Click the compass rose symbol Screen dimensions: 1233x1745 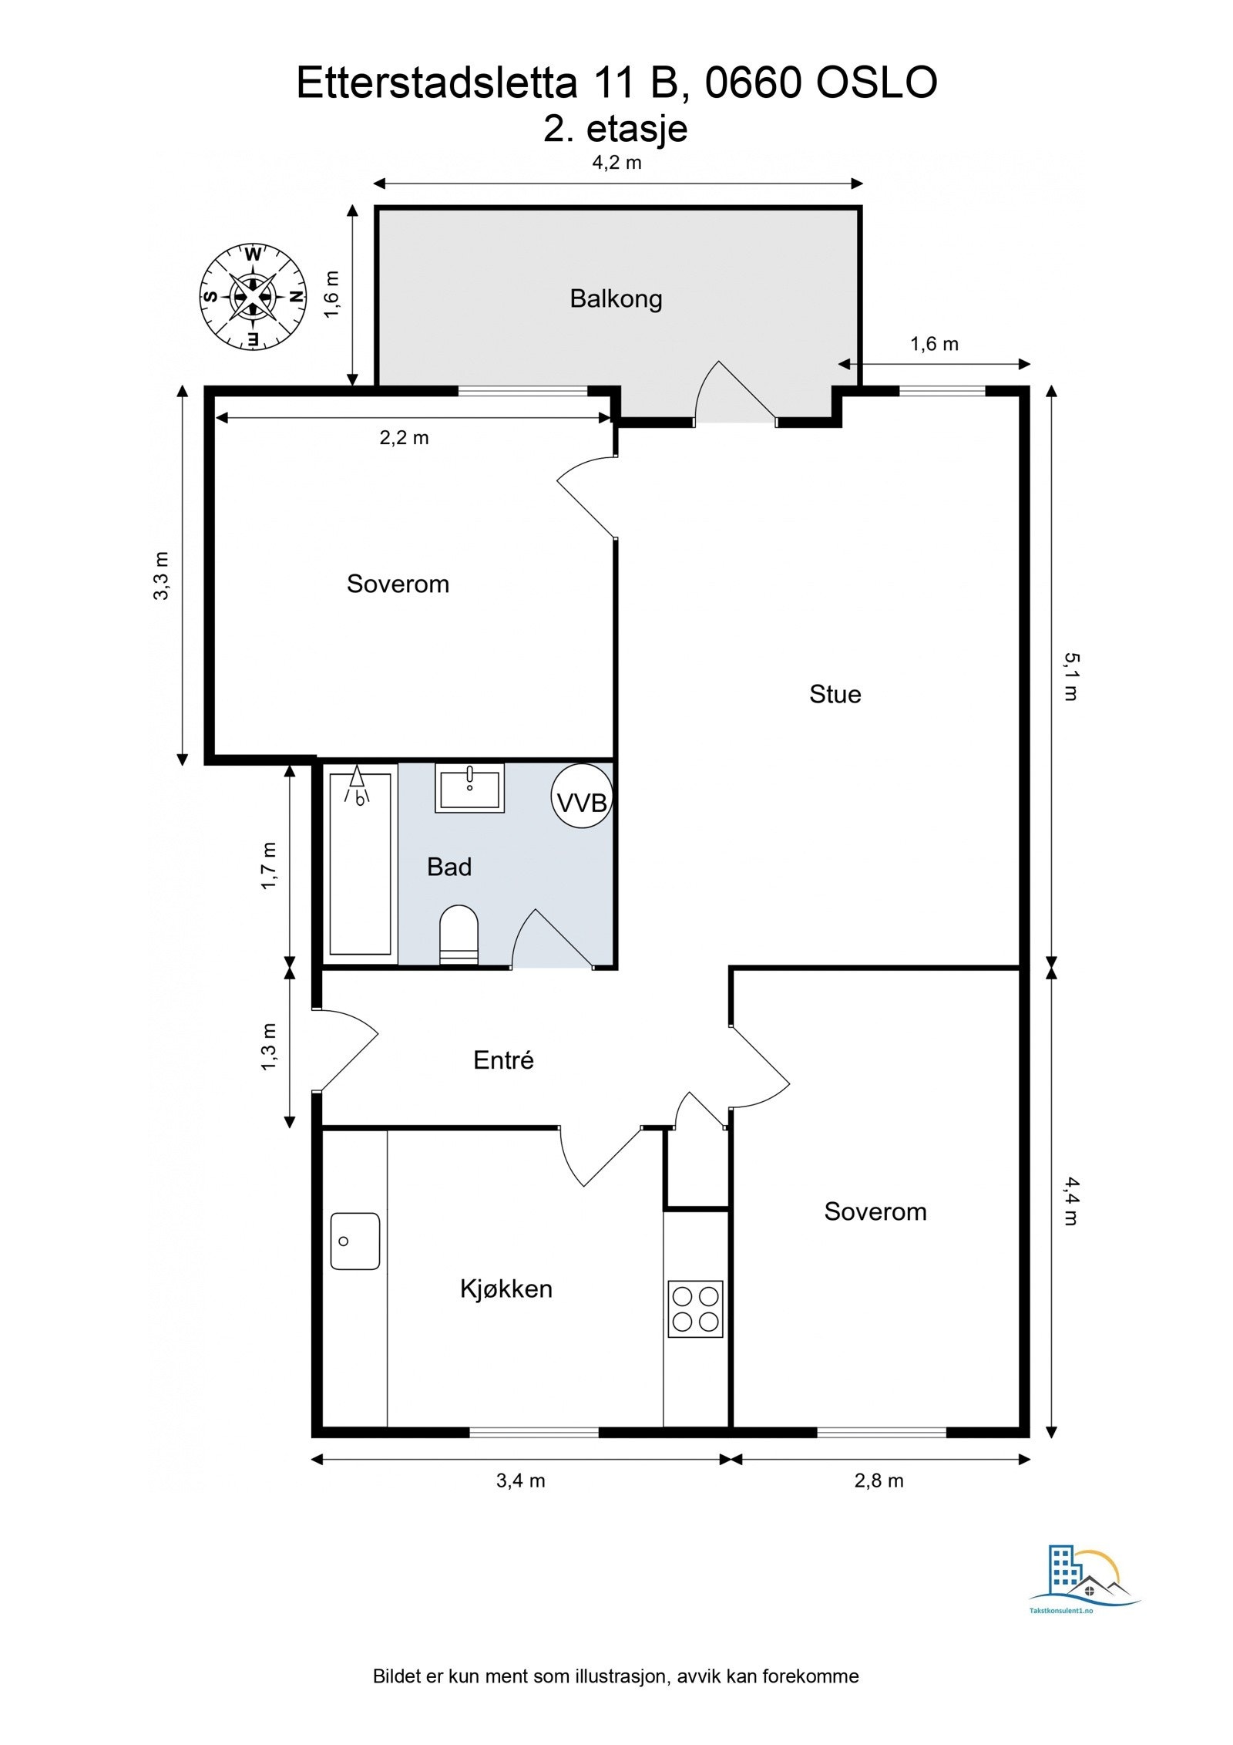(x=252, y=296)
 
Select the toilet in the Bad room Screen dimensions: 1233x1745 (x=459, y=935)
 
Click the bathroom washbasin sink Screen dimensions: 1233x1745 (x=469, y=787)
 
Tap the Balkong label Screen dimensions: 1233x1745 (x=616, y=298)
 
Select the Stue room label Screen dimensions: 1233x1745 (x=835, y=694)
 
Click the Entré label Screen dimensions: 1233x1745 (x=503, y=1060)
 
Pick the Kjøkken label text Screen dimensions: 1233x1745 (x=506, y=1289)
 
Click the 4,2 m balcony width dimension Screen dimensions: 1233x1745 (x=616, y=163)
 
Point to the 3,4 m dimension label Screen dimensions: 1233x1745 (x=521, y=1481)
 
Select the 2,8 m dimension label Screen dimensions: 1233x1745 (x=879, y=1481)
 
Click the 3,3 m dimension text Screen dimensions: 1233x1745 (x=161, y=576)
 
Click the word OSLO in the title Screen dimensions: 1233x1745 (x=876, y=83)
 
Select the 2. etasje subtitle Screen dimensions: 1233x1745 (x=616, y=128)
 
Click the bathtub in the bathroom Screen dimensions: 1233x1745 (x=360, y=864)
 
